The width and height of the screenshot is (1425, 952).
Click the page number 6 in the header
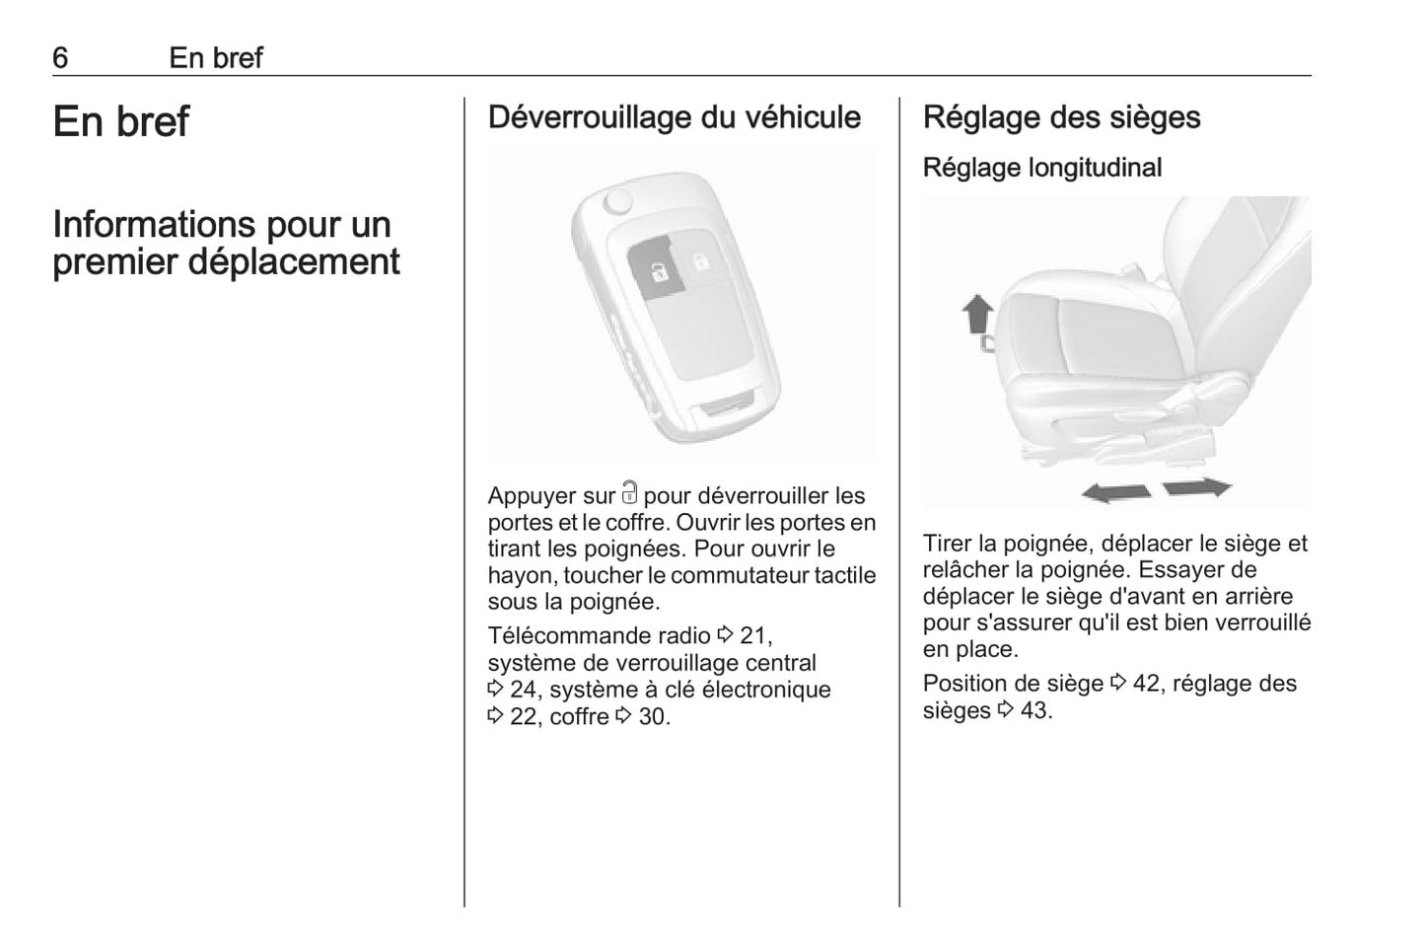point(60,58)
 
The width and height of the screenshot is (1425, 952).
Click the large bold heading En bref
point(120,121)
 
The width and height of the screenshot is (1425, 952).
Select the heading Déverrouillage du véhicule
point(674,117)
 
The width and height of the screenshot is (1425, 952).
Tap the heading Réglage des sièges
point(1061,117)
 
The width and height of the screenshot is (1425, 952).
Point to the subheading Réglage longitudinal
point(1041,168)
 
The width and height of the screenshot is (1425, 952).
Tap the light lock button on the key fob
point(698,263)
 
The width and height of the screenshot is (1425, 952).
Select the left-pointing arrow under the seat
point(1115,491)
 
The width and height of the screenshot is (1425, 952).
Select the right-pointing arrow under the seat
point(1197,486)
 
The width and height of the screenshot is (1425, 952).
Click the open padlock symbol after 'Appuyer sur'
point(630,493)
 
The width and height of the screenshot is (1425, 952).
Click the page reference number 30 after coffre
point(652,717)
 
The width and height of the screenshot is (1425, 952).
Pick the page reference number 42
point(1146,684)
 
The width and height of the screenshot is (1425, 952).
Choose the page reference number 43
point(1033,711)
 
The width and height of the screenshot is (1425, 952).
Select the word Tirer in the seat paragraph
point(947,544)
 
